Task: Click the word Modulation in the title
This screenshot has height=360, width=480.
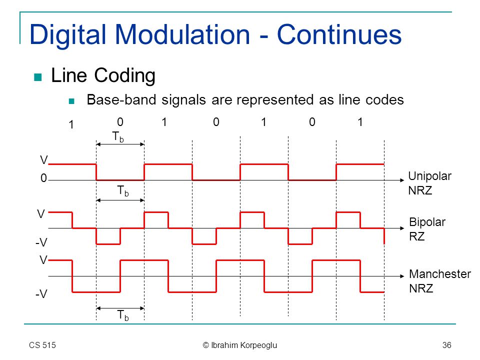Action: point(183,34)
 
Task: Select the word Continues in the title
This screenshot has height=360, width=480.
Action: point(339,34)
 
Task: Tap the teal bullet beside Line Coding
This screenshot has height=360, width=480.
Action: point(37,77)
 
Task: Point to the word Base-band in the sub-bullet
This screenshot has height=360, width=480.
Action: point(121,100)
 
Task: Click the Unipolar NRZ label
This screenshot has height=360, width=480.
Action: point(429,183)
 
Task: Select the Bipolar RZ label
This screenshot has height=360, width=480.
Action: point(427,229)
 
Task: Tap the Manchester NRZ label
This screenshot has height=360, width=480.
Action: point(440,281)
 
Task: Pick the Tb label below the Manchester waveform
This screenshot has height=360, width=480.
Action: point(123,315)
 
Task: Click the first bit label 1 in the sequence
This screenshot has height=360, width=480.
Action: point(71,124)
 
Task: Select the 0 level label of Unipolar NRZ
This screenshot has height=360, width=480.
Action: point(44,178)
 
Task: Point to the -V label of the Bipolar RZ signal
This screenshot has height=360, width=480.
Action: point(41,242)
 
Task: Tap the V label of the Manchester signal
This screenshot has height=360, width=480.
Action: point(43,260)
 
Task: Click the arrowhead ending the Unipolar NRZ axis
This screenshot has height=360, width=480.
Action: point(402,180)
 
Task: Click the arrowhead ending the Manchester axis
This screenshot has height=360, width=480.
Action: point(402,276)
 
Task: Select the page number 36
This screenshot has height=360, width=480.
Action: point(446,345)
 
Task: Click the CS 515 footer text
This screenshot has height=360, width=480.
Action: point(42,345)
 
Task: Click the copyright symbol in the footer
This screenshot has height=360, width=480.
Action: point(205,345)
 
